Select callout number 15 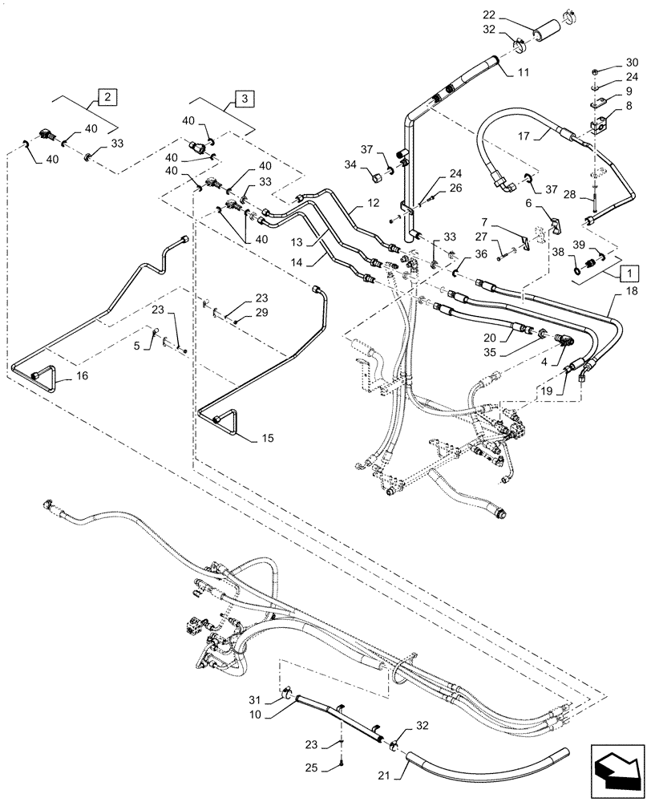[266, 438]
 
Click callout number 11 [523, 73]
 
